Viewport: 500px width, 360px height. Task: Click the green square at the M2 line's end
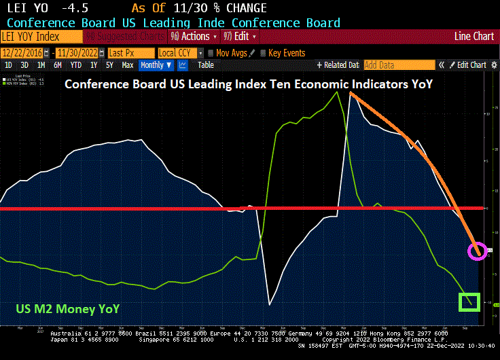point(469,302)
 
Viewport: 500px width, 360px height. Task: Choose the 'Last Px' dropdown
point(129,52)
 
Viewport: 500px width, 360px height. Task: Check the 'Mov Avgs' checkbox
point(211,52)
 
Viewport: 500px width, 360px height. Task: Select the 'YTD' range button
point(75,65)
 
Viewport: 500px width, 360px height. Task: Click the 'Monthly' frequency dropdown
point(155,65)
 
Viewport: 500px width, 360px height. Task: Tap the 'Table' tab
point(205,65)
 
